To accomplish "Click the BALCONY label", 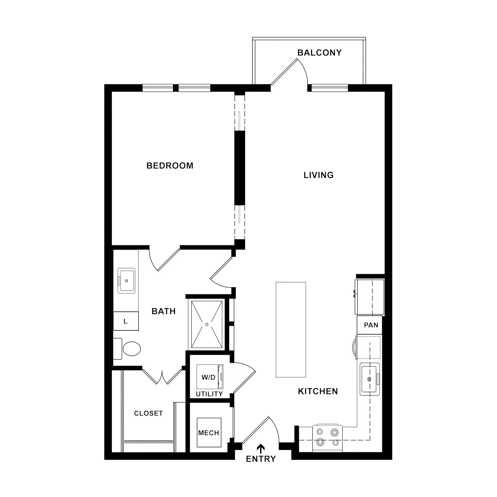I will (x=319, y=53).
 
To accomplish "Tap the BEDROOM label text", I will (x=170, y=166).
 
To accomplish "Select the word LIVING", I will (x=319, y=175).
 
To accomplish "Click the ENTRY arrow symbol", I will (x=261, y=449).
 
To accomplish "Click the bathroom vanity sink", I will (x=126, y=281).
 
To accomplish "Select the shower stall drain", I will (x=207, y=325).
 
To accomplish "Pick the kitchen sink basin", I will (x=370, y=379).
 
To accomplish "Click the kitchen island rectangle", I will (x=291, y=330).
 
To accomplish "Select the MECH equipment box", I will (x=209, y=433).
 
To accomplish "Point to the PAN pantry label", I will (x=371, y=325).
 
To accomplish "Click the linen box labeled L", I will (x=126, y=321).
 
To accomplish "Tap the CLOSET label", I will (x=148, y=414).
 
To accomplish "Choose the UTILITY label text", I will (x=209, y=394).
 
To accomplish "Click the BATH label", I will (x=164, y=311).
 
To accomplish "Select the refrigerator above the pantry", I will (x=370, y=297).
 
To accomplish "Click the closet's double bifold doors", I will (x=162, y=377).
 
